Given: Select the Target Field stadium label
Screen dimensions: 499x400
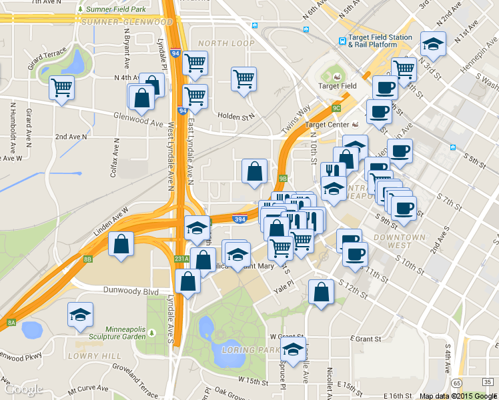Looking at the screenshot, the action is click(x=337, y=85).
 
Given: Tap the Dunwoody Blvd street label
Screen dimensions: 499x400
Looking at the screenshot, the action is click(x=131, y=291).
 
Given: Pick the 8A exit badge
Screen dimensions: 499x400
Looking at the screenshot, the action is click(x=11, y=323).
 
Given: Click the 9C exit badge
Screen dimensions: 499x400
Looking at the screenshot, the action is click(x=336, y=107).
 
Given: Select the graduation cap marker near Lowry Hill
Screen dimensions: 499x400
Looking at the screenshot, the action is click(x=80, y=315).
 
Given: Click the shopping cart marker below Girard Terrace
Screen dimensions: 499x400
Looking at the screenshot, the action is click(x=61, y=87).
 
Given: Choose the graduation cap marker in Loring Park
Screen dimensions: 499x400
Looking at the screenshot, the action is click(x=292, y=349).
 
